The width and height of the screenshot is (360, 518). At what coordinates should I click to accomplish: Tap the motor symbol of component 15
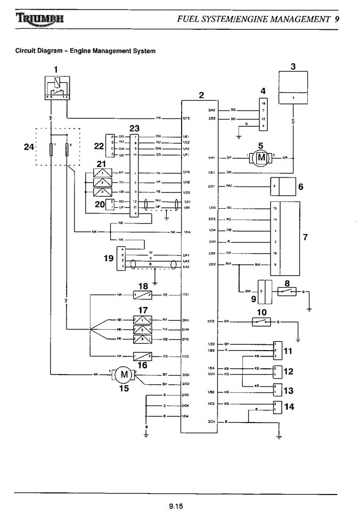pyautogui.click(x=124, y=374)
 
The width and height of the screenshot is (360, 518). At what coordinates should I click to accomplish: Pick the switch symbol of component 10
pyautogui.click(x=261, y=322)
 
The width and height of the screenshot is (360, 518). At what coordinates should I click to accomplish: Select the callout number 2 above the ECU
pyautogui.click(x=201, y=95)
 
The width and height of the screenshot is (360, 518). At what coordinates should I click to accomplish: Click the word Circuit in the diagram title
pyautogui.click(x=26, y=51)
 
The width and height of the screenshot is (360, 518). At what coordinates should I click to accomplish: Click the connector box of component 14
pyautogui.click(x=276, y=407)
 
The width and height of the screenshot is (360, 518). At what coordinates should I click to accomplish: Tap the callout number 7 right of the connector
pyautogui.click(x=305, y=237)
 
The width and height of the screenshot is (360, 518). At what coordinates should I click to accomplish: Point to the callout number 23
pyautogui.click(x=134, y=128)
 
